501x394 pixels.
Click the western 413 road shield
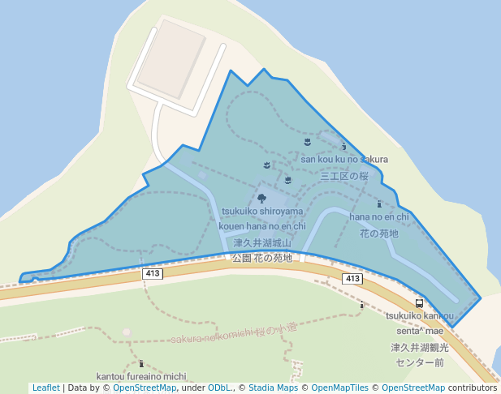click(152, 274)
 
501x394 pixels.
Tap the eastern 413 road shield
click(352, 279)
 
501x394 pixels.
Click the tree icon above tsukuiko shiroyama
click(261, 198)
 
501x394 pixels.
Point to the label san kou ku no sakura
click(344, 159)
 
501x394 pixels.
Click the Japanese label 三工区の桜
click(344, 175)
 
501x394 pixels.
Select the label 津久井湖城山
click(261, 242)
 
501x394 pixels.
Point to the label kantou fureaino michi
click(141, 376)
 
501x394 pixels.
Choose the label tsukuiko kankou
click(420, 316)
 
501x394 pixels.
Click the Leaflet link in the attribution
click(45, 388)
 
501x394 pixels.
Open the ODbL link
click(220, 388)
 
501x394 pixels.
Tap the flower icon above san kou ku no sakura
click(306, 142)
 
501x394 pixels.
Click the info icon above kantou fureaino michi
click(141, 363)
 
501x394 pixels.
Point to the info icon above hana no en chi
click(379, 204)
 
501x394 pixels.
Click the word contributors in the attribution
click(472, 388)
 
